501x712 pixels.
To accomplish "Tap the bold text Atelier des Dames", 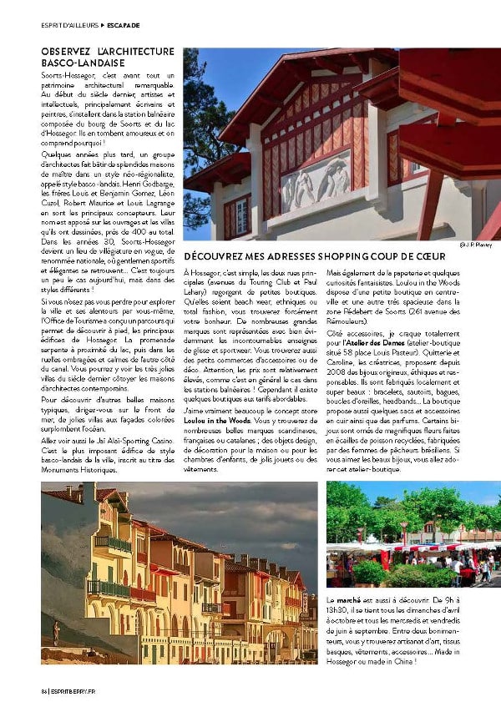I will pos(362,343).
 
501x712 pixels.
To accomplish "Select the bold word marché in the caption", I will pos(348,600).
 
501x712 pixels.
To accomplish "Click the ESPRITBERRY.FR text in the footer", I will pos(70,689).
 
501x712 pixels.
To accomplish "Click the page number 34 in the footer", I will pos(43,689).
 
